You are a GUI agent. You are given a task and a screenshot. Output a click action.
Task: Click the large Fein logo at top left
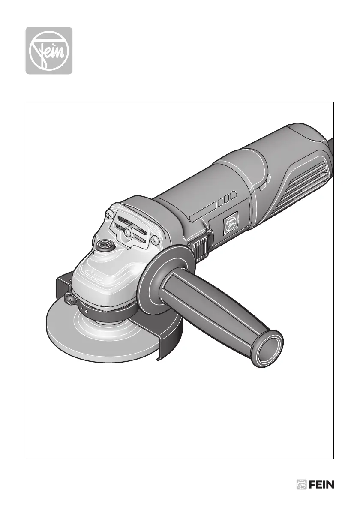pos(49,51)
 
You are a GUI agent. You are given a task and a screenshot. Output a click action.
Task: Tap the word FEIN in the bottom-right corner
pos(321,485)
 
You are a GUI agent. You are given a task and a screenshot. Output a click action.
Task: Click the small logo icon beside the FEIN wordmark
pos(302,485)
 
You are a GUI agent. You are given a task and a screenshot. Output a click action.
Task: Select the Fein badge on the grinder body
pos(230,223)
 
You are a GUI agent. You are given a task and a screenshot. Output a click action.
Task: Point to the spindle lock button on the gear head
pos(105,244)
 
